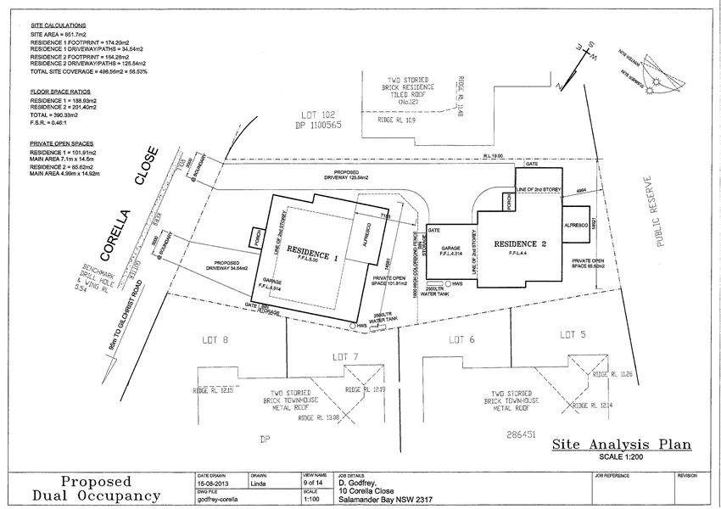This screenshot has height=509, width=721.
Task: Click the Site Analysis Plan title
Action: pyautogui.click(x=621, y=444)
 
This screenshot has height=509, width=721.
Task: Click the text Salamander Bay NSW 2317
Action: pyautogui.click(x=382, y=500)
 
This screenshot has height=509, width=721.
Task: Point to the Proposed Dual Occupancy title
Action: pyautogui.click(x=95, y=488)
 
